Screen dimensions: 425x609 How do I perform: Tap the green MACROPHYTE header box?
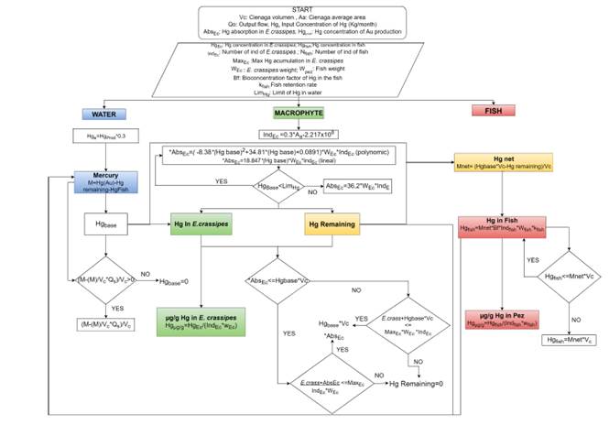[x=297, y=113]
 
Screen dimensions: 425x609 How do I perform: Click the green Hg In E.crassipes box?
[x=202, y=223]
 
